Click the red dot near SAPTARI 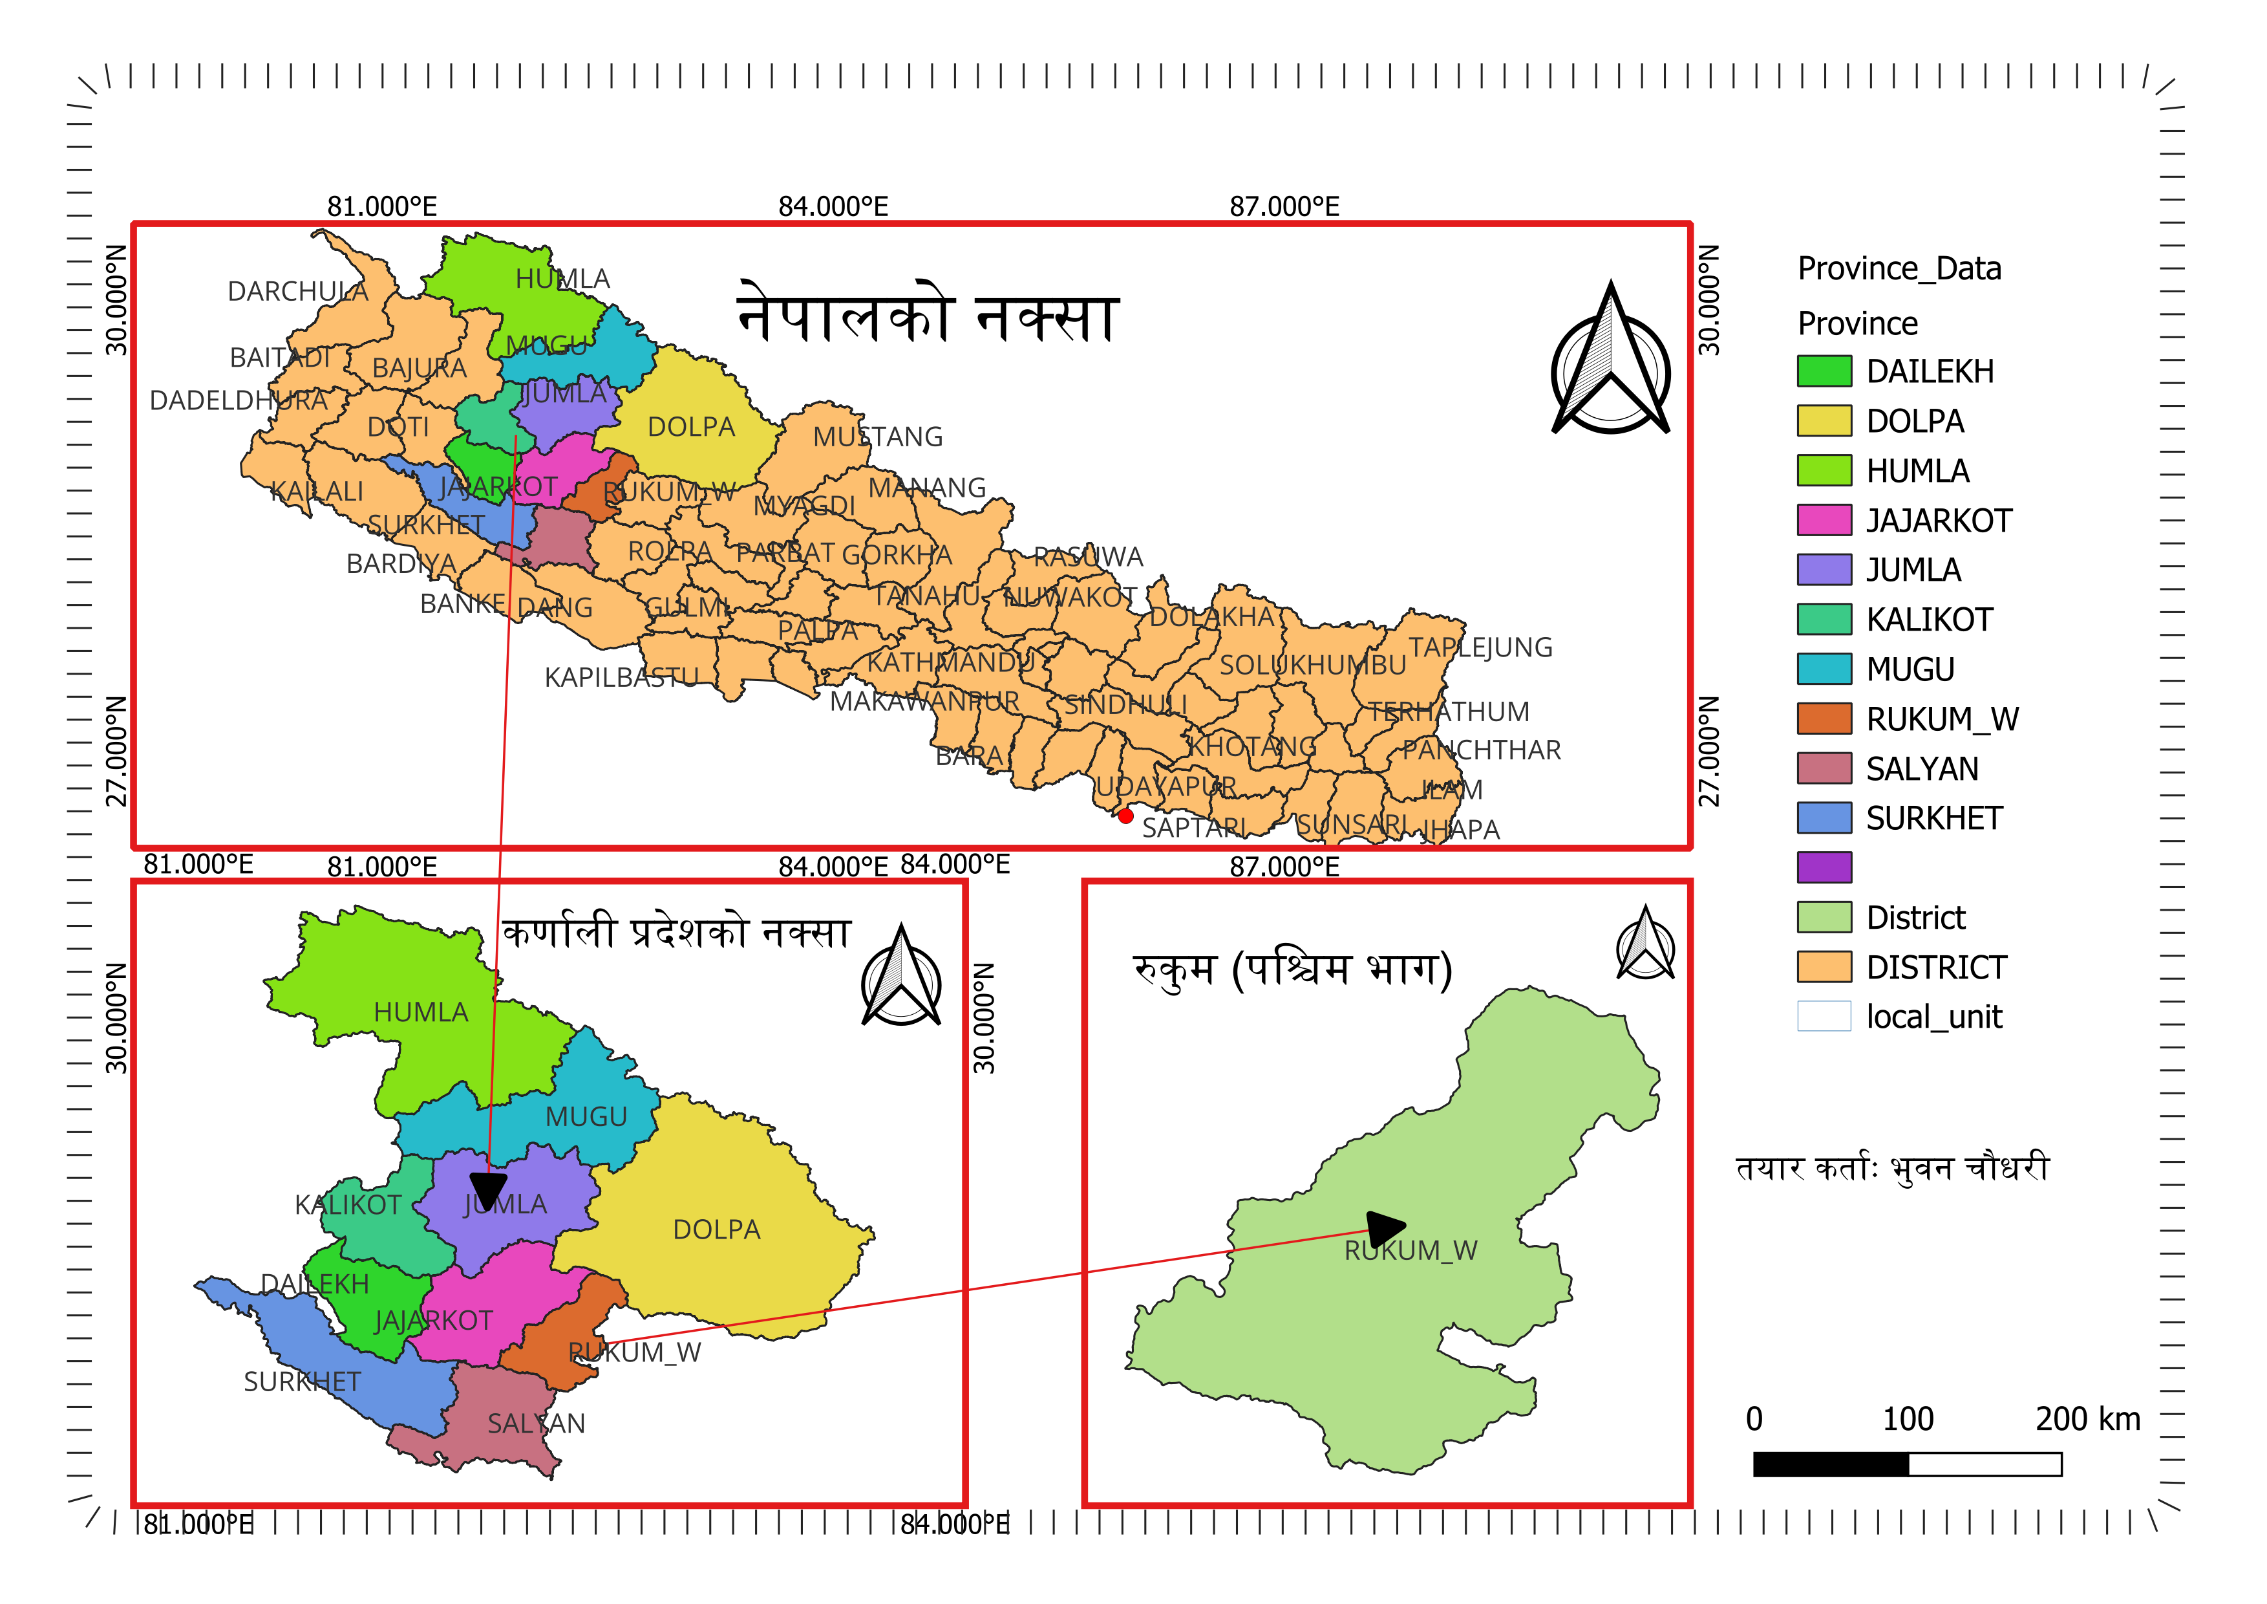1125,816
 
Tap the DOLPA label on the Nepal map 691,428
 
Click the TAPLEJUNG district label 1480,648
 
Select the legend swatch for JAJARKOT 1823,521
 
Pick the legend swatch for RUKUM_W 1823,719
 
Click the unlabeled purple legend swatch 1823,868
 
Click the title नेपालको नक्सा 928,316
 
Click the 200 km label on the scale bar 2087,1419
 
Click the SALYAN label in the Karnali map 536,1424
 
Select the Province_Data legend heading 1899,268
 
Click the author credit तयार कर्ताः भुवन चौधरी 1892,1169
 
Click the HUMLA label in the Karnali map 421,1012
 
